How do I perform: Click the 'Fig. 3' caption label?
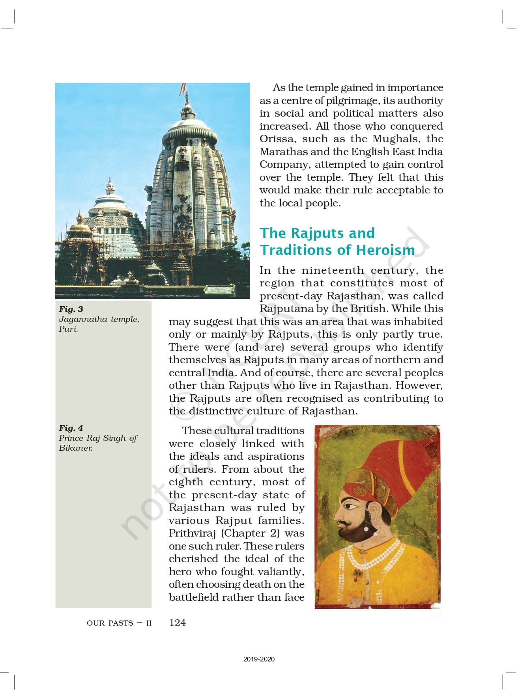click(71, 309)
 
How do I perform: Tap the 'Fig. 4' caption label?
click(71, 428)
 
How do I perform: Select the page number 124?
click(177, 622)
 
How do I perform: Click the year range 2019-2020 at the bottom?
click(259, 659)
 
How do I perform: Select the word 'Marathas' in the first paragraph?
click(283, 152)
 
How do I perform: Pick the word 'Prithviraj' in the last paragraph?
click(193, 533)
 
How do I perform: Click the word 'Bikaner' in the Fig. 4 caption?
click(75, 448)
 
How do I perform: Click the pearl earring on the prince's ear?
click(367, 528)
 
